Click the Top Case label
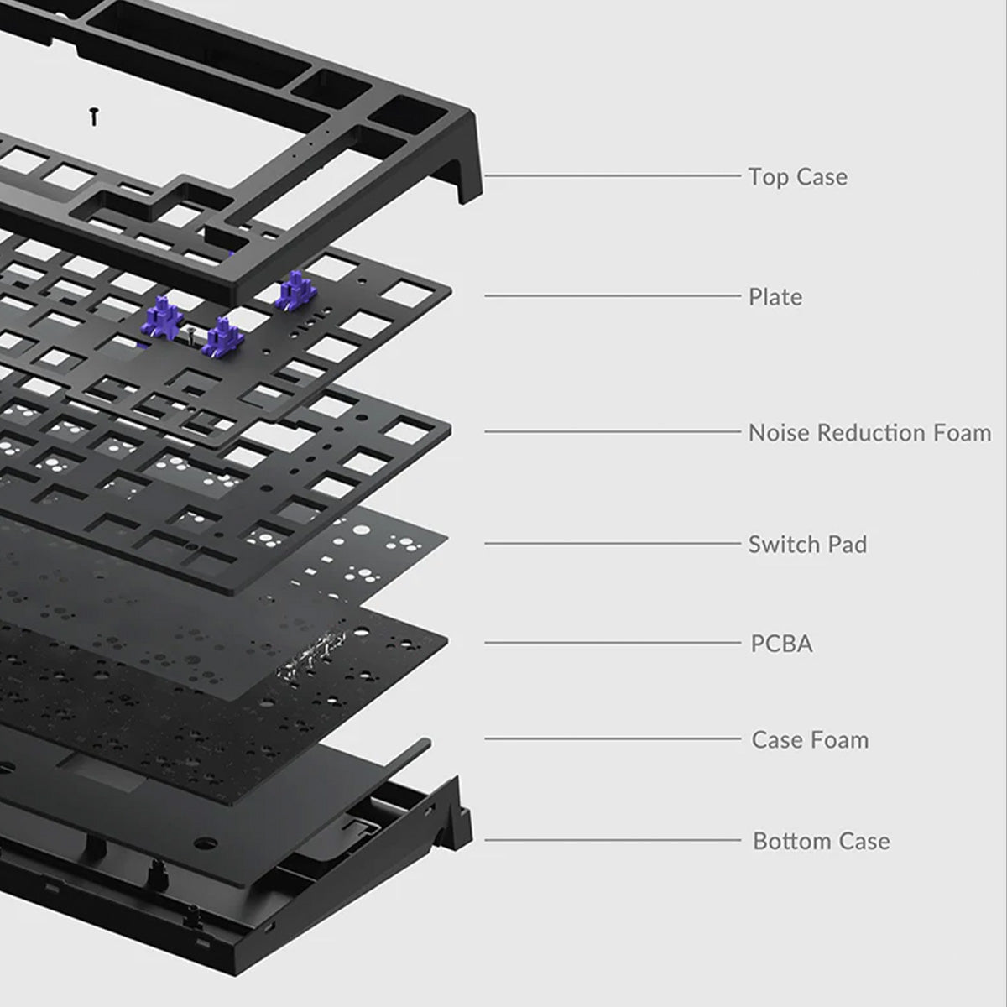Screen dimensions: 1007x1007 [x=797, y=177]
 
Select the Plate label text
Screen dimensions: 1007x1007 [x=775, y=297]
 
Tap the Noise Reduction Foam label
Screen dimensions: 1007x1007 [x=869, y=433]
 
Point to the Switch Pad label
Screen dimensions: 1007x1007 [x=807, y=545]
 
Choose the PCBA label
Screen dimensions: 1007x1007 [x=781, y=644]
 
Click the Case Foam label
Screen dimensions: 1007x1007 [x=810, y=740]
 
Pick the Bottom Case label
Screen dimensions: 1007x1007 [x=821, y=841]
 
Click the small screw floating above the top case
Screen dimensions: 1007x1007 [x=94, y=116]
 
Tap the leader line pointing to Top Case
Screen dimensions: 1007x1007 [x=613, y=176]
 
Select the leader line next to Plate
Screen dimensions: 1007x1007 [x=613, y=295]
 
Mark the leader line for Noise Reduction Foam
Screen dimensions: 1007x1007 [x=613, y=432]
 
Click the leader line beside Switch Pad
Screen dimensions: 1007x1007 [x=613, y=543]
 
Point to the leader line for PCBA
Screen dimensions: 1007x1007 [x=613, y=644]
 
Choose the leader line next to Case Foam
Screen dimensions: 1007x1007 [x=613, y=739]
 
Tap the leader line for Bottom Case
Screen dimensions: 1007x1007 [x=613, y=840]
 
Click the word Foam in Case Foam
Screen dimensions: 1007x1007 [x=840, y=740]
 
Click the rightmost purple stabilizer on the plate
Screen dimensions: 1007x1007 [x=295, y=289]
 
